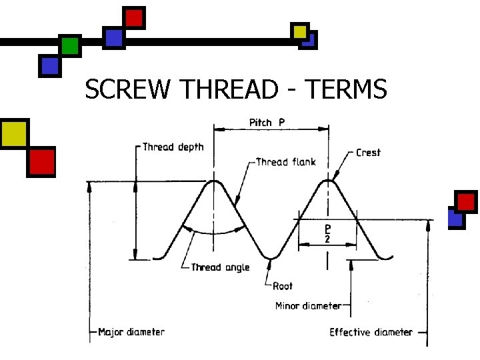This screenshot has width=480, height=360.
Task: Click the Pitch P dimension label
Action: [x=267, y=123]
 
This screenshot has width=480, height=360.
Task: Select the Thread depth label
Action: [x=173, y=147]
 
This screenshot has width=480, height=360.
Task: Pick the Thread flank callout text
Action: [x=286, y=162]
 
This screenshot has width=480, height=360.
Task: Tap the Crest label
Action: [x=368, y=153]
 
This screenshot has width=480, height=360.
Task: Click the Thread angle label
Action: [x=220, y=267]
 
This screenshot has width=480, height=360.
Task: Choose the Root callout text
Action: [x=283, y=286]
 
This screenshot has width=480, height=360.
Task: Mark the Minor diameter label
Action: [x=308, y=306]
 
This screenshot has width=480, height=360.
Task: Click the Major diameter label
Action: [x=131, y=331]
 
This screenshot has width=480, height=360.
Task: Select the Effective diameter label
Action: [x=371, y=332]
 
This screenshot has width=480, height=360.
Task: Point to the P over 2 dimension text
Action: [x=327, y=233]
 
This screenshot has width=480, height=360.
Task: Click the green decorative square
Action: [x=69, y=45]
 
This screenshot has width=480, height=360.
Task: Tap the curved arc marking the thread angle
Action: [x=213, y=233]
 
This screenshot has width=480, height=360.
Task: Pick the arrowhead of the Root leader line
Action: [x=269, y=263]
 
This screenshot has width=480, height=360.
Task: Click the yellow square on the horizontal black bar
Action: [x=300, y=31]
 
